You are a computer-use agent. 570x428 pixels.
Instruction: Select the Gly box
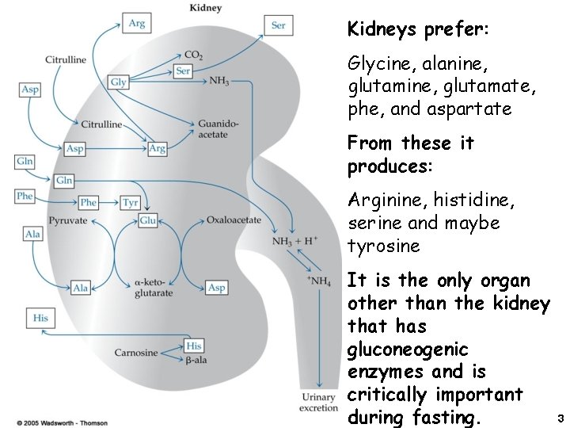click(x=119, y=82)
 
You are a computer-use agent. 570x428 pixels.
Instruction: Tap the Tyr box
click(x=131, y=202)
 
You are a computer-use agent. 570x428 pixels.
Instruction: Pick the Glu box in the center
click(x=147, y=220)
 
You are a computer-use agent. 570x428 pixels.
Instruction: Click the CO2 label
click(x=193, y=55)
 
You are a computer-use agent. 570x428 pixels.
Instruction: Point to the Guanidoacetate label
click(x=213, y=129)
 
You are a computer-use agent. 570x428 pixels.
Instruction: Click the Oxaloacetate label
click(x=234, y=220)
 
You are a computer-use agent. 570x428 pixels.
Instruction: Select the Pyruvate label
click(x=68, y=220)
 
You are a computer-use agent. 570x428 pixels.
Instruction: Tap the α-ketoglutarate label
click(x=154, y=288)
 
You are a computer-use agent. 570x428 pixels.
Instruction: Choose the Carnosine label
click(x=136, y=353)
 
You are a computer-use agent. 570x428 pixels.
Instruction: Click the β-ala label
click(x=196, y=361)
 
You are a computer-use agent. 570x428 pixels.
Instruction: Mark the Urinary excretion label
click(x=318, y=402)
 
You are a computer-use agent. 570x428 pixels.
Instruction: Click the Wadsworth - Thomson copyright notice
click(x=62, y=422)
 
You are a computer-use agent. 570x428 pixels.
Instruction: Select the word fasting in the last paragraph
click(x=443, y=417)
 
